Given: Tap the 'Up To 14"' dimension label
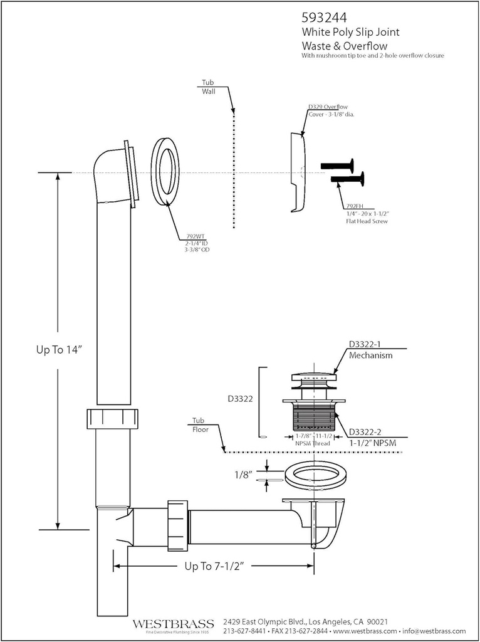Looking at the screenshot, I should (x=59, y=350).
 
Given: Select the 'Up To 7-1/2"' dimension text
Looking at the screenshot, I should (x=214, y=566).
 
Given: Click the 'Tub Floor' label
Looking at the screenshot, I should (x=199, y=424).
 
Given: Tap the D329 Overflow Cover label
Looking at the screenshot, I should (x=331, y=110).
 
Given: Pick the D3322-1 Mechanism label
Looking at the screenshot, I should (x=370, y=350).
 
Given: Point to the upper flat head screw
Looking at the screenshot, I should (x=337, y=166).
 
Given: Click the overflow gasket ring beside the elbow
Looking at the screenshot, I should (x=165, y=171).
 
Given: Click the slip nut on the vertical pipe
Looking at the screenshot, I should (x=113, y=418).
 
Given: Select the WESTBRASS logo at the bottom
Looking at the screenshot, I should (x=173, y=624).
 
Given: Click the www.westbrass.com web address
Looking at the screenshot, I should (x=365, y=631).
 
